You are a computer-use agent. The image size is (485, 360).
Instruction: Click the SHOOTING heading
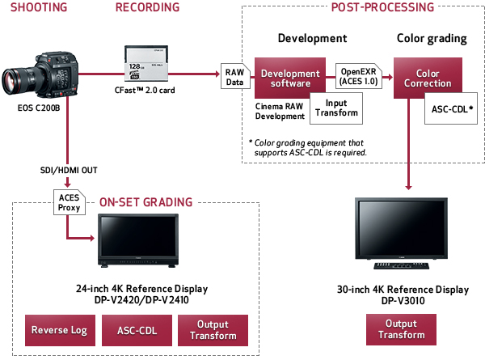(x=33, y=9)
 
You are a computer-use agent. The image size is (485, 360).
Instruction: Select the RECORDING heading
(x=148, y=9)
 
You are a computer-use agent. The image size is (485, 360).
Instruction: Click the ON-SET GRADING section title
(x=145, y=202)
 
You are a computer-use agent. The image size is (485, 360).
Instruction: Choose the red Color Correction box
(x=422, y=78)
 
